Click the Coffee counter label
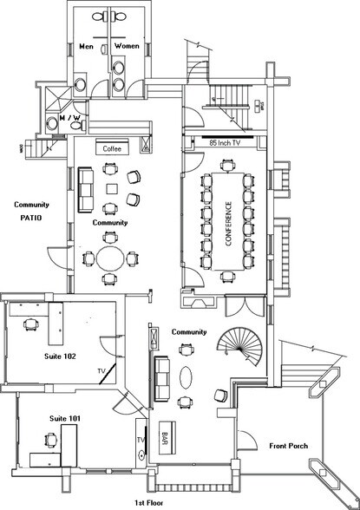click(112, 149)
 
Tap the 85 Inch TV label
click(225, 142)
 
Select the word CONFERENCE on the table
click(229, 224)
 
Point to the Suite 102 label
click(60, 356)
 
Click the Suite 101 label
click(65, 418)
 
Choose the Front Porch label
click(289, 446)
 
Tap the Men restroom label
click(87, 47)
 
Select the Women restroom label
click(127, 46)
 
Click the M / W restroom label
click(70, 117)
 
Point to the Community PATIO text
click(31, 211)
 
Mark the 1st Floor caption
click(149, 503)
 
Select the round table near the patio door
click(110, 258)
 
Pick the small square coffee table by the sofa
click(112, 189)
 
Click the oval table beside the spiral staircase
click(186, 377)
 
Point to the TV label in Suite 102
click(101, 371)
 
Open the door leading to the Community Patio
click(58, 258)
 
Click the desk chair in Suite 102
click(31, 324)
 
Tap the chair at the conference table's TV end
click(227, 165)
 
